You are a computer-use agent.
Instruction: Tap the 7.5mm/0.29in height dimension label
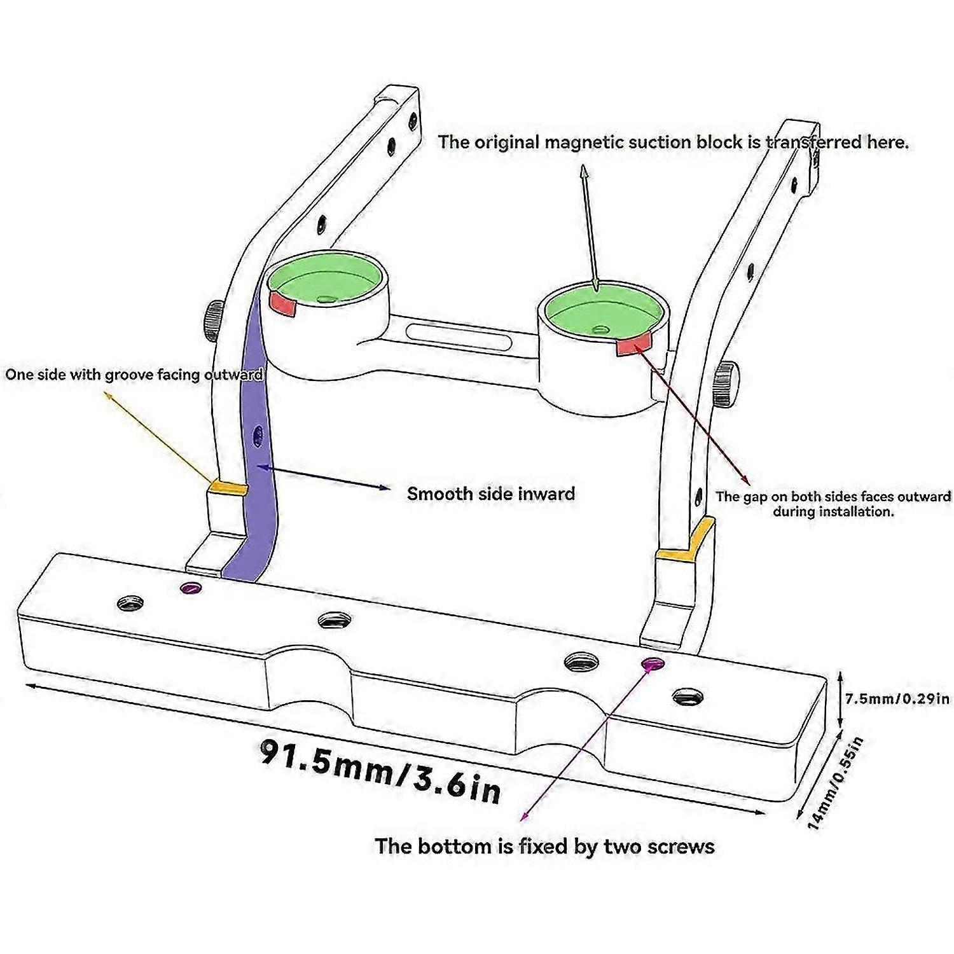[x=897, y=699]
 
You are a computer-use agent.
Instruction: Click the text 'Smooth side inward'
[x=491, y=494]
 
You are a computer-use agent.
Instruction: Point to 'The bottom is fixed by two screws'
[x=544, y=847]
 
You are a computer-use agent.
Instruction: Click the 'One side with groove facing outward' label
[x=134, y=375]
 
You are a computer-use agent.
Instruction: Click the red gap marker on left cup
[x=284, y=305]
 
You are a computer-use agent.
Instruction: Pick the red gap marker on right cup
[x=632, y=345]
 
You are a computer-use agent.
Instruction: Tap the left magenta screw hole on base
[x=190, y=588]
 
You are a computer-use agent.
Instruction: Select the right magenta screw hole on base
[x=652, y=664]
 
